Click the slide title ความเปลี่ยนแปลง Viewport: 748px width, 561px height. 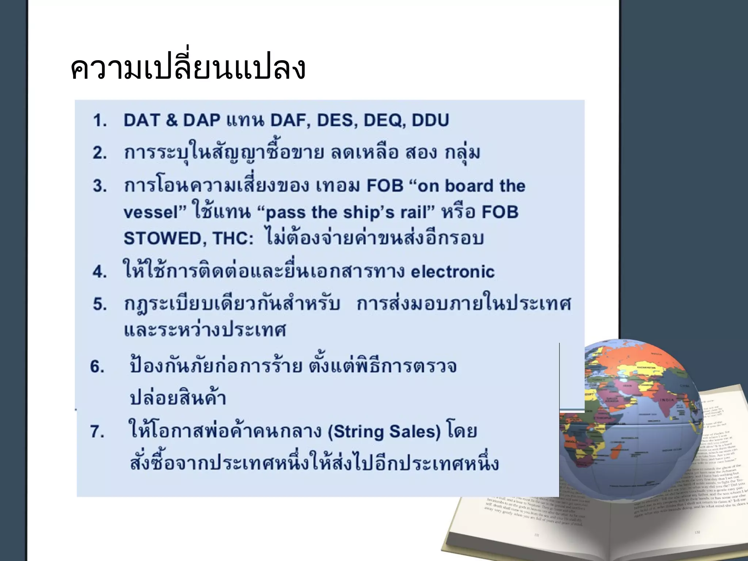pos(188,68)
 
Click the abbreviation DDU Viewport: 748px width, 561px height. pos(430,120)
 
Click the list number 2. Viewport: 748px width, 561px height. pos(99,153)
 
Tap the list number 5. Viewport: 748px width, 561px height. pos(99,304)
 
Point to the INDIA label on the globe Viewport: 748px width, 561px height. pos(667,400)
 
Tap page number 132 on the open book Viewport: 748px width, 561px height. pos(697,532)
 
